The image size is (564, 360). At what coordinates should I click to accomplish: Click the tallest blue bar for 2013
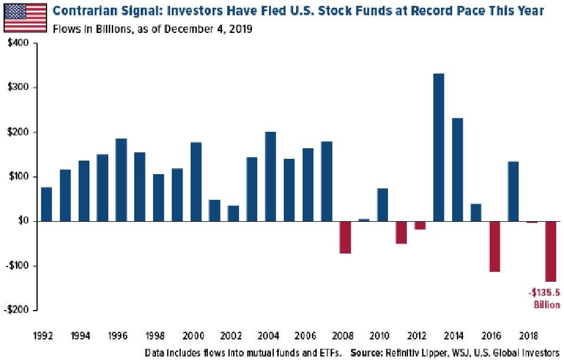click(x=438, y=147)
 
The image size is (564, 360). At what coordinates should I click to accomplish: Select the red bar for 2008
click(x=345, y=237)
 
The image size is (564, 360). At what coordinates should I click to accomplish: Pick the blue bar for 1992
click(x=47, y=204)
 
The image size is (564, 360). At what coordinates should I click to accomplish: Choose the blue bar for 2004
click(x=270, y=176)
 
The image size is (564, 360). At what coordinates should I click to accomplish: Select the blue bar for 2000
click(x=196, y=181)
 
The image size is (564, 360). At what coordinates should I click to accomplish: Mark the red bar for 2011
click(x=401, y=232)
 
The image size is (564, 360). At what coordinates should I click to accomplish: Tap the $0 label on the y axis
click(x=24, y=221)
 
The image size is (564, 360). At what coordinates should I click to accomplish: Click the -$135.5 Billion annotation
click(x=543, y=298)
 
